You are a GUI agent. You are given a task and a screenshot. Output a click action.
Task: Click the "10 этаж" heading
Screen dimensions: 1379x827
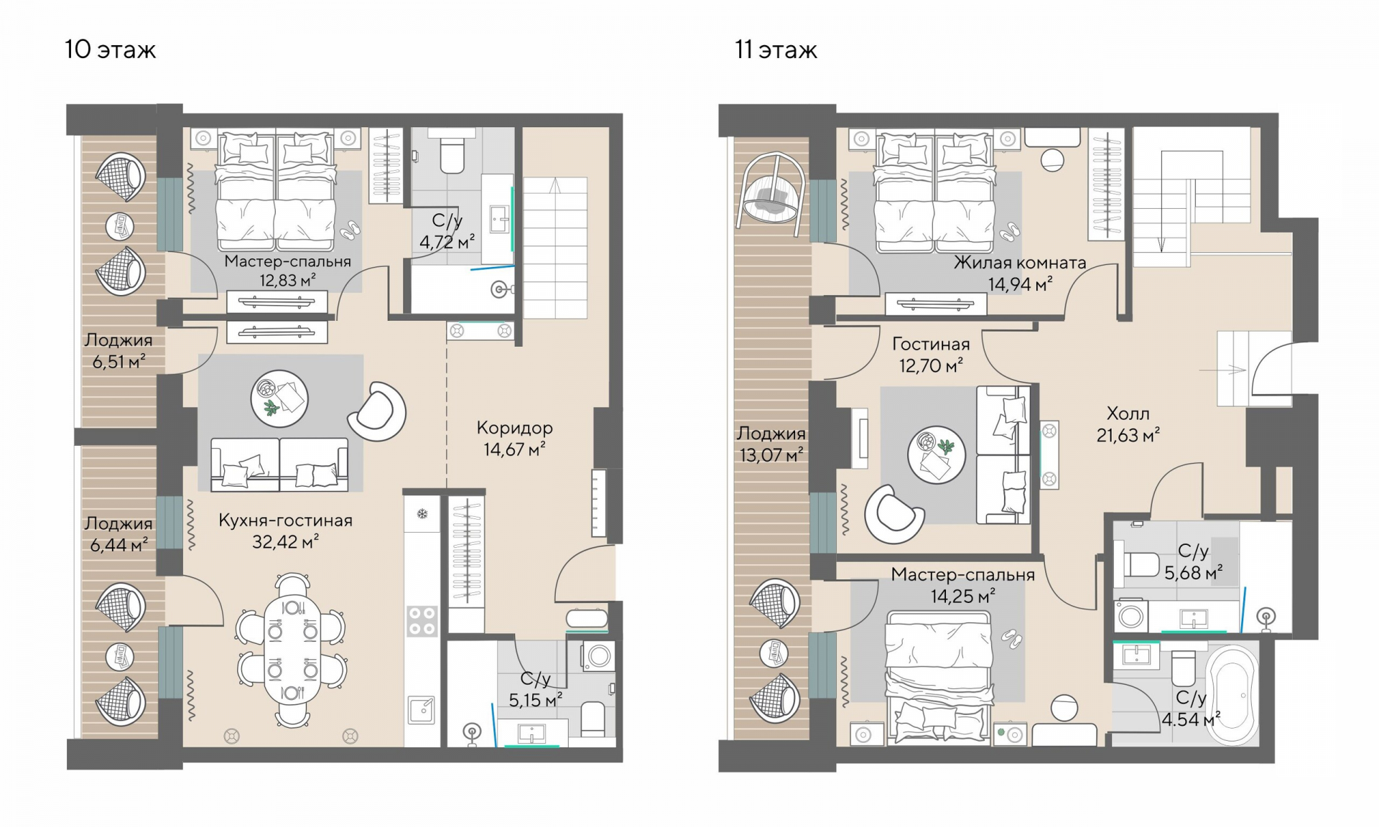[110, 50]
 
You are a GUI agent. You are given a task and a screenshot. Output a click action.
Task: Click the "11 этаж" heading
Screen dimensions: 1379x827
[776, 50]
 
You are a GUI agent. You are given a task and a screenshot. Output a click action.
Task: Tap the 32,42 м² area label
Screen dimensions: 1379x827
[285, 542]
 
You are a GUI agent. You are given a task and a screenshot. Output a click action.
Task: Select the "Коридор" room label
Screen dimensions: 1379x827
[514, 428]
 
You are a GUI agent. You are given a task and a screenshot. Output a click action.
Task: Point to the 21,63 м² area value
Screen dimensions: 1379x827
[1128, 435]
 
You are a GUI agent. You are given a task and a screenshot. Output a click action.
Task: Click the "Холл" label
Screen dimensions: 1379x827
[1128, 413]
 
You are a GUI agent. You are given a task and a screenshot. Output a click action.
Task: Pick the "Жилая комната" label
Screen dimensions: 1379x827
[1020, 263]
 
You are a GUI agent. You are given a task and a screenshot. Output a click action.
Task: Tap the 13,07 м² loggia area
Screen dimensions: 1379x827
[771, 454]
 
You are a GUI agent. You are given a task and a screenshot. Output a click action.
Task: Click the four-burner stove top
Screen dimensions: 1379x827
[422, 621]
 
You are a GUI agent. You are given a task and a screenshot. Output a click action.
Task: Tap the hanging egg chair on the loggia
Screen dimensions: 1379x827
[773, 190]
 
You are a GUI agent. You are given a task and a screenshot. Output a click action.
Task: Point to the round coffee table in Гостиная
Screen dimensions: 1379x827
[936, 454]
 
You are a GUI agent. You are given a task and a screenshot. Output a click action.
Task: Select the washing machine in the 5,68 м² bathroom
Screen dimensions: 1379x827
[1130, 615]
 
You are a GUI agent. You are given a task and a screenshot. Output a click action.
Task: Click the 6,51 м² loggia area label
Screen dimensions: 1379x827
[119, 362]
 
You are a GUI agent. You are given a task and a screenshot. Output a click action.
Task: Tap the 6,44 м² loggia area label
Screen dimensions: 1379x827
[119, 545]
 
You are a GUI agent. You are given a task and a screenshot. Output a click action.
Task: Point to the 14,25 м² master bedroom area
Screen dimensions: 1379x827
[962, 597]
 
